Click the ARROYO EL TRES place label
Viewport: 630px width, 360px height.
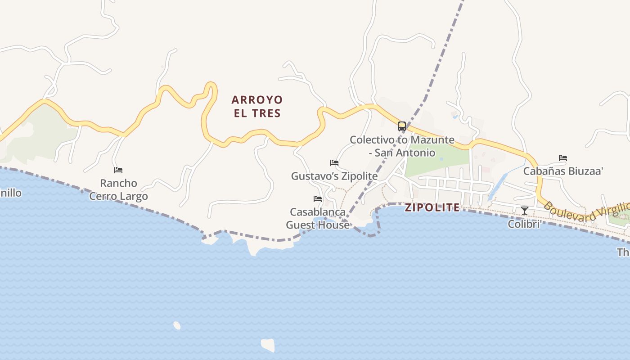point(257,106)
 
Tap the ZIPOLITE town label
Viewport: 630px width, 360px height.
point(432,207)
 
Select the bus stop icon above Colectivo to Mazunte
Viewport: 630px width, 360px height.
point(402,126)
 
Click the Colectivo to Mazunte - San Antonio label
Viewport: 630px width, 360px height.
point(402,146)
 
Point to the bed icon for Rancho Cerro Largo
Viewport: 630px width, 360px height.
point(118,170)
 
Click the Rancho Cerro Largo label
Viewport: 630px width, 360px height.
point(118,189)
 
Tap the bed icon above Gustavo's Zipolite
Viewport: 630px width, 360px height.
point(334,163)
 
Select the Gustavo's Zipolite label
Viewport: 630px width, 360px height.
point(334,176)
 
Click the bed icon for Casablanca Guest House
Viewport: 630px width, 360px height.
point(318,199)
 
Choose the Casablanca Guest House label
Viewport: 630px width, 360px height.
point(318,218)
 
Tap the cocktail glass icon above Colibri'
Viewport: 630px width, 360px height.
point(525,210)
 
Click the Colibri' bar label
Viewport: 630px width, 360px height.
point(524,224)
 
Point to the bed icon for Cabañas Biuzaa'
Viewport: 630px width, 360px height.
point(563,158)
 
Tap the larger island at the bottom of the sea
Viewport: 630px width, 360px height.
point(268,345)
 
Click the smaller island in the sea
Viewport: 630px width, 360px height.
point(177,325)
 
